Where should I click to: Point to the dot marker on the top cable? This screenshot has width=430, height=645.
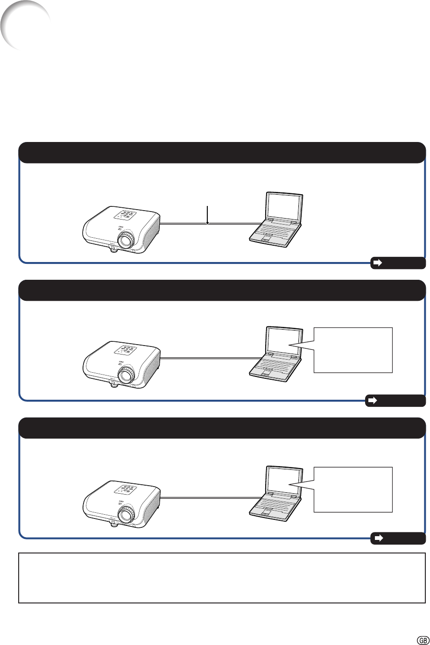click(207, 223)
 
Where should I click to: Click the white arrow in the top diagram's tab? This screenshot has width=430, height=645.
click(378, 262)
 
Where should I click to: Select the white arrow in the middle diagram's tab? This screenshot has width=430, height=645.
click(373, 401)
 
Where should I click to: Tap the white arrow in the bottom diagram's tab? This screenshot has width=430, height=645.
click(378, 538)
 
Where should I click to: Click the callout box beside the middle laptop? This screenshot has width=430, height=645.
click(353, 350)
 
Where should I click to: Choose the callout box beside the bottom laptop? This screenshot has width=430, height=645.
click(353, 489)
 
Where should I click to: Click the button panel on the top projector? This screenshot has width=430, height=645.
click(126, 215)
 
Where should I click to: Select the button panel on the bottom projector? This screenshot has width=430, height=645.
click(126, 490)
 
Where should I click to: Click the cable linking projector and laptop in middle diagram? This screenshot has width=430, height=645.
click(210, 358)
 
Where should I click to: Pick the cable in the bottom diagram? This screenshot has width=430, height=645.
click(210, 497)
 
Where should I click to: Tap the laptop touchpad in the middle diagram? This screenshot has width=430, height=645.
click(266, 373)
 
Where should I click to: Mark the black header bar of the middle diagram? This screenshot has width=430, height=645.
click(222, 290)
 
